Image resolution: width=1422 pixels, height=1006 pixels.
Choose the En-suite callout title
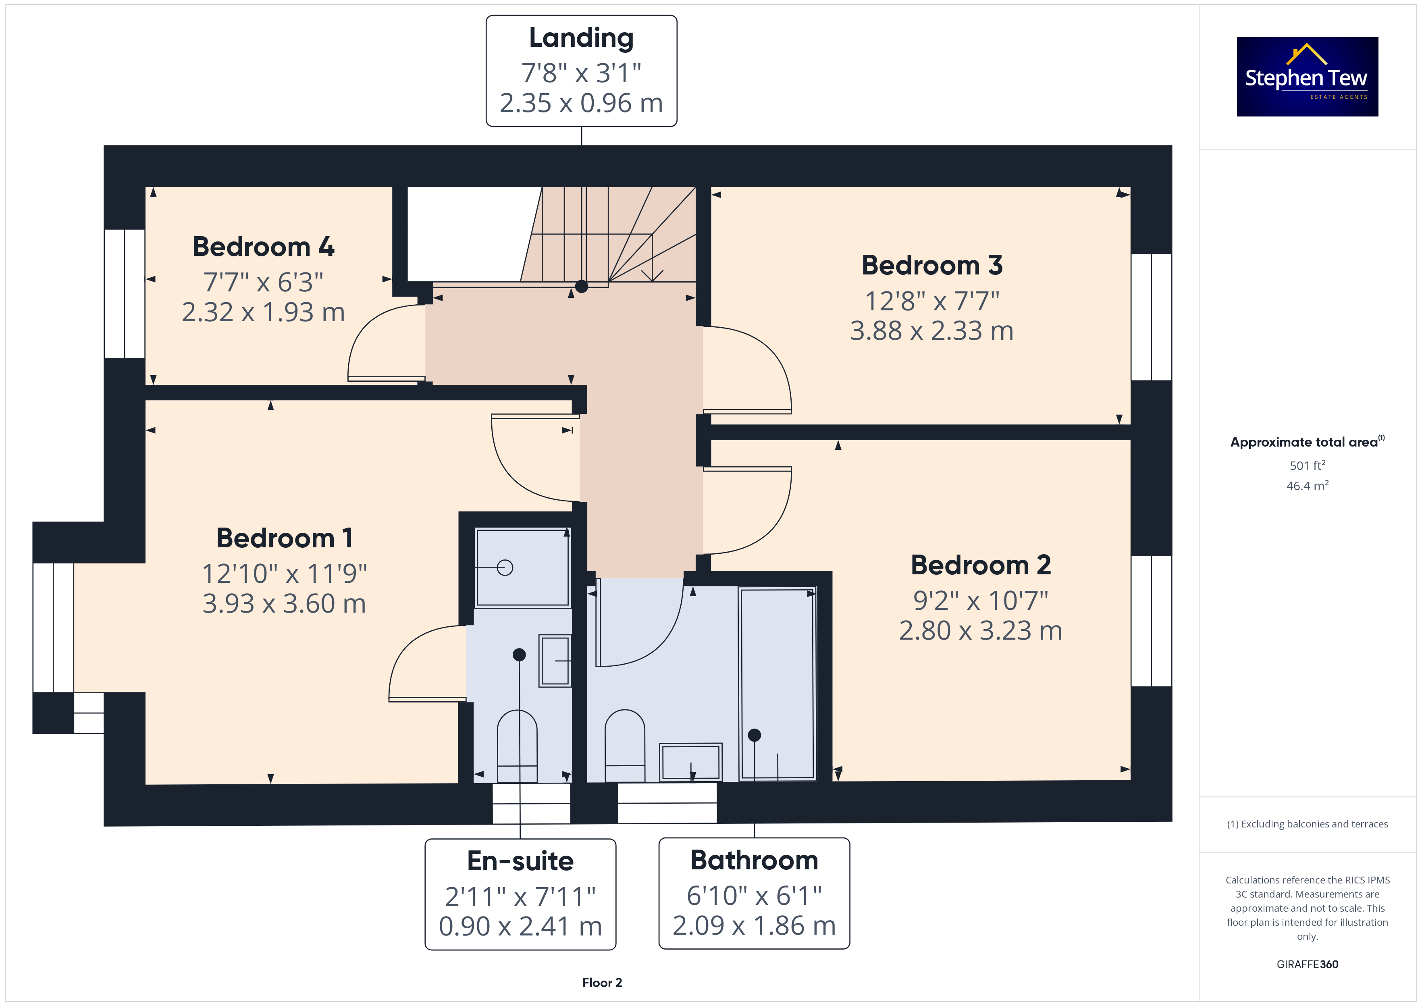(520, 861)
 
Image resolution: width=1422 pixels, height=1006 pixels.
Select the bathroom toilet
(625, 745)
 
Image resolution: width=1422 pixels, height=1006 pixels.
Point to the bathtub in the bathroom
(777, 683)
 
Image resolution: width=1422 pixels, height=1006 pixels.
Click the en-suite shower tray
(523, 567)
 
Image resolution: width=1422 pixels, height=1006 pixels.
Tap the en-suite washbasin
(555, 661)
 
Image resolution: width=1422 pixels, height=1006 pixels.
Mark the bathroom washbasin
(690, 762)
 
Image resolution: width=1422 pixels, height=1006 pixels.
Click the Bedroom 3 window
(1152, 317)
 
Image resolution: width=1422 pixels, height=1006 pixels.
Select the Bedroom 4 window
(125, 294)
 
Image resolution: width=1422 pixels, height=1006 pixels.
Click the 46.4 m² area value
(1308, 486)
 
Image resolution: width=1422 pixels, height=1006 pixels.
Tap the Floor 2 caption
(602, 983)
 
